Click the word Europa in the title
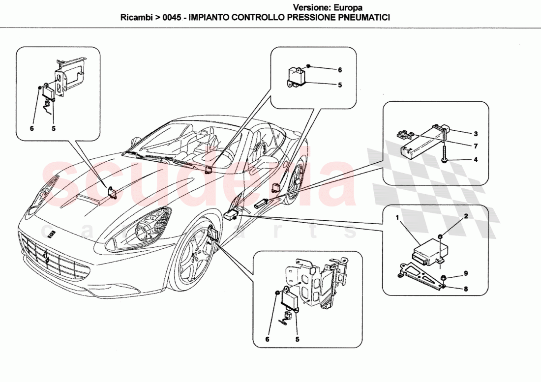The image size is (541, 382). point(349,7)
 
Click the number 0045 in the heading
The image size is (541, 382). point(168,17)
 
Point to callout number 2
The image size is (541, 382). point(465,216)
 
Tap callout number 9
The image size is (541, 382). point(465,273)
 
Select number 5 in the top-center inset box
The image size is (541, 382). point(339,85)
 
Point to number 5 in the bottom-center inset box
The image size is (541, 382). point(297,339)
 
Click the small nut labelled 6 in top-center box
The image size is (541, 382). point(307,66)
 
